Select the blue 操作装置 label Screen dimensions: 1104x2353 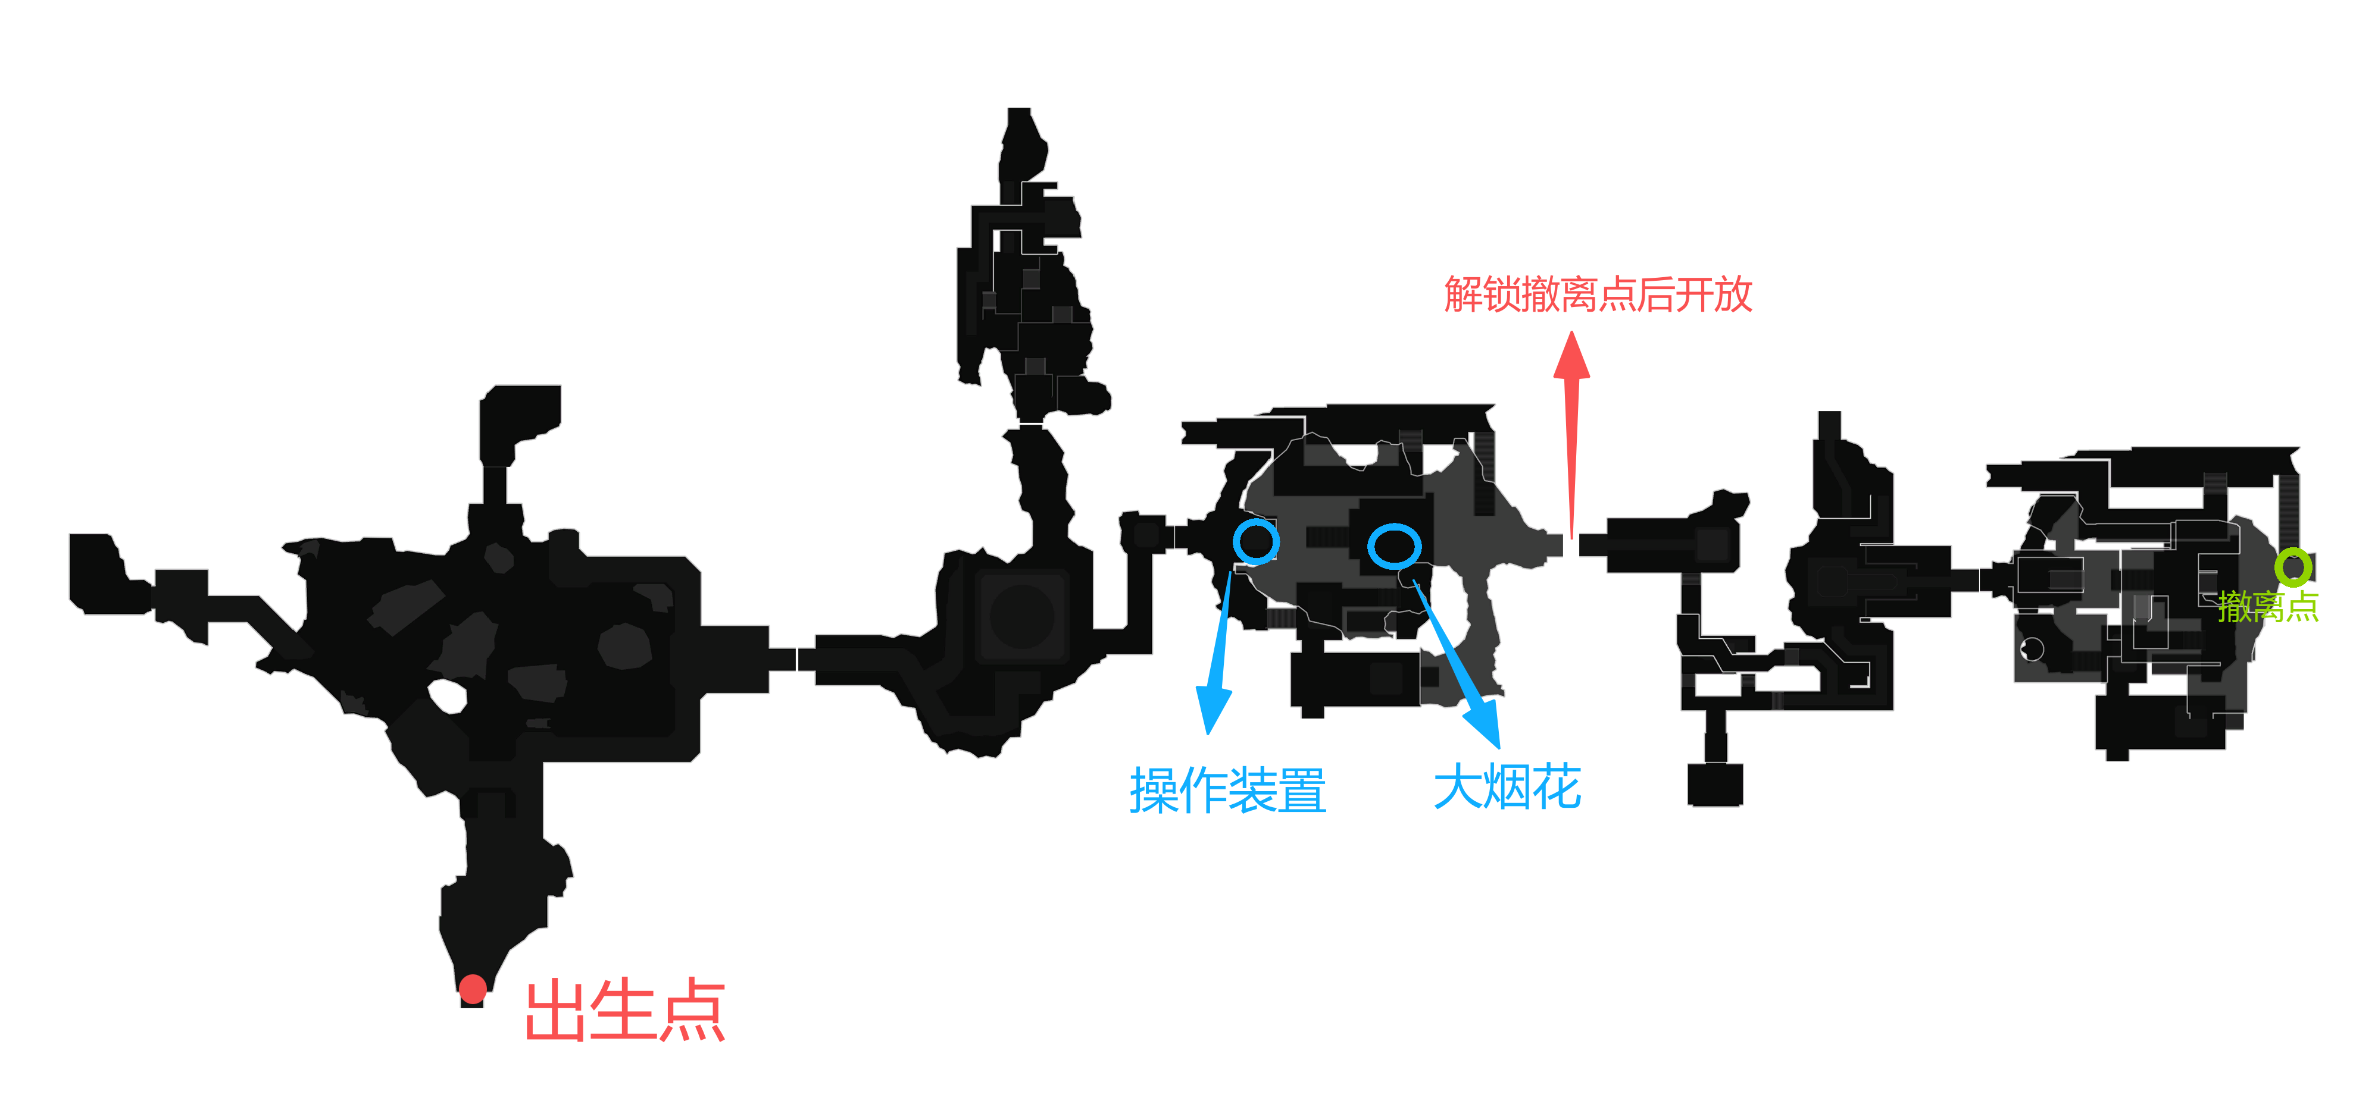click(x=1227, y=790)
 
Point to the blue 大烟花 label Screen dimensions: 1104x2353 click(x=1507, y=787)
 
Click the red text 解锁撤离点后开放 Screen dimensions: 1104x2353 click(x=1598, y=294)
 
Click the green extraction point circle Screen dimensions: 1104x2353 click(x=2293, y=567)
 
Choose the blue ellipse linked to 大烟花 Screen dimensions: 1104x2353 click(x=1394, y=546)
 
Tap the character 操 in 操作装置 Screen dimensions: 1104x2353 click(x=1155, y=790)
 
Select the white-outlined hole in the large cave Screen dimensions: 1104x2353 click(x=448, y=697)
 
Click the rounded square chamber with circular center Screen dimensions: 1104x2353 click(x=1022, y=616)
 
